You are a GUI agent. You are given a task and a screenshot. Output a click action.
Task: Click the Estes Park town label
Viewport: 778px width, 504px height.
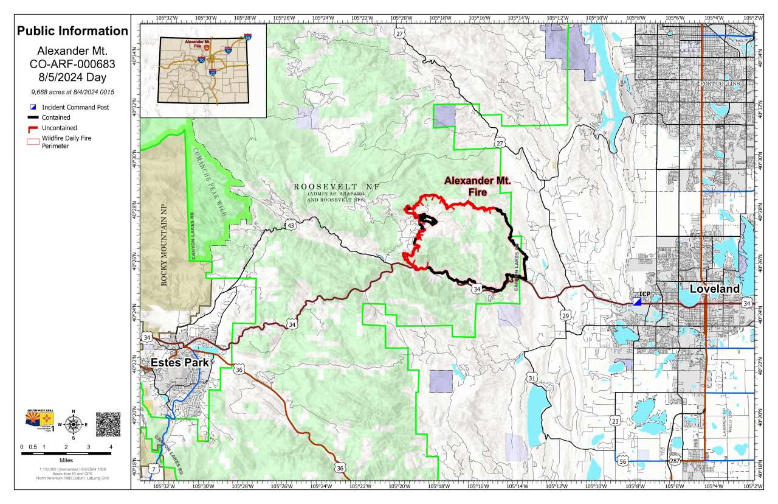pyautogui.click(x=179, y=363)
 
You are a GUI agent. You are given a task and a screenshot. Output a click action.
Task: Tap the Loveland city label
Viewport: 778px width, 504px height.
pyautogui.click(x=715, y=289)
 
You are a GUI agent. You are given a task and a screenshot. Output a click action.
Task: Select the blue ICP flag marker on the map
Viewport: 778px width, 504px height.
pyautogui.click(x=637, y=301)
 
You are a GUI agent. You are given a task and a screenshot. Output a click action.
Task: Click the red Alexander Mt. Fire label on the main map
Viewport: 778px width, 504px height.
pyautogui.click(x=477, y=186)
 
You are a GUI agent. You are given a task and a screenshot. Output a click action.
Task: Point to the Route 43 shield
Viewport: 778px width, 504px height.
pyautogui.click(x=291, y=226)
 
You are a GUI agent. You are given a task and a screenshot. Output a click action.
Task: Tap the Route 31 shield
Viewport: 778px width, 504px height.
pyautogui.click(x=532, y=378)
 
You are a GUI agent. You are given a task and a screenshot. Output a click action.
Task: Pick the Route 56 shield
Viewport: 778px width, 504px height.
pyautogui.click(x=622, y=460)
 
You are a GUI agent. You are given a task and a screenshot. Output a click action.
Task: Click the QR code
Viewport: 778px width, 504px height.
pyautogui.click(x=108, y=424)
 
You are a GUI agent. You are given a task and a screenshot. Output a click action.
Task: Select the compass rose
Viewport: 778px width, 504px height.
pyautogui.click(x=74, y=424)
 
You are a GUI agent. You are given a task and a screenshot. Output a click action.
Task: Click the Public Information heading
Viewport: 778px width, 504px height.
pyautogui.click(x=72, y=31)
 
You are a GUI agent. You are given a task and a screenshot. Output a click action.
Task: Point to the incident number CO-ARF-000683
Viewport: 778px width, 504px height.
pyautogui.click(x=72, y=63)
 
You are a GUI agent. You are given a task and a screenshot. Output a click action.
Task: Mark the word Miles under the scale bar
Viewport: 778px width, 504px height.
pyautogui.click(x=66, y=460)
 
